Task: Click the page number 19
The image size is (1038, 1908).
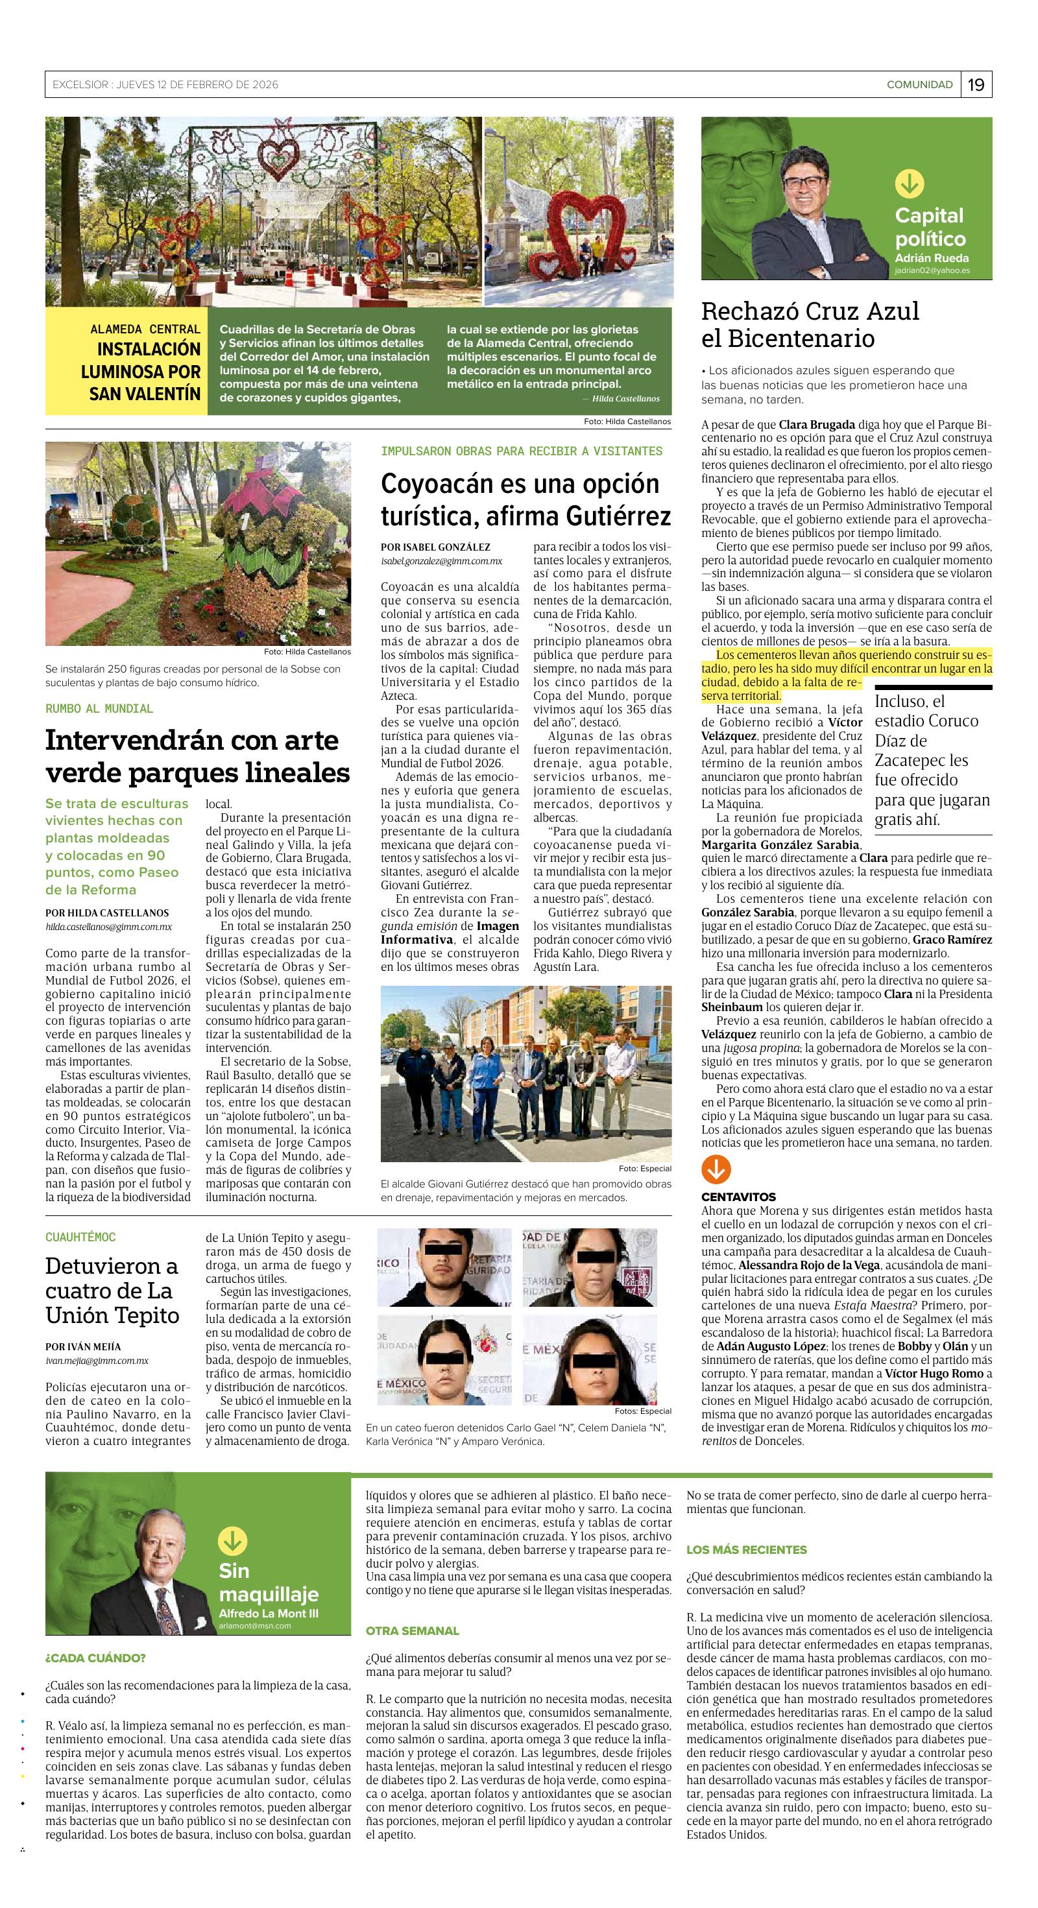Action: coord(976,84)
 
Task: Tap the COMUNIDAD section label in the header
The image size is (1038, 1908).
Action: coord(919,84)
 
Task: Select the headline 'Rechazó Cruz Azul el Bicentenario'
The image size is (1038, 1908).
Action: coord(810,324)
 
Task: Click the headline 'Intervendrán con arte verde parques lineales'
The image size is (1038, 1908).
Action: coord(197,756)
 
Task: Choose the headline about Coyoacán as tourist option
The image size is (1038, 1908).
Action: coord(525,499)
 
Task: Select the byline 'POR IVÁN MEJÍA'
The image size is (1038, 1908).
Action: coord(83,1346)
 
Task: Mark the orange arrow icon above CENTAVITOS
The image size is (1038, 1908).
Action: coord(716,1169)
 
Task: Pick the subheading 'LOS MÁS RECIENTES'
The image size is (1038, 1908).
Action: coord(746,1549)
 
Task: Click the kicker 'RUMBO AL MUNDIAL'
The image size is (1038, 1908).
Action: coord(99,709)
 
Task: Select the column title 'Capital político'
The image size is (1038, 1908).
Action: coord(930,226)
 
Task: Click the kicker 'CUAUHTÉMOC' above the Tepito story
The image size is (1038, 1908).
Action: coord(80,1237)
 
